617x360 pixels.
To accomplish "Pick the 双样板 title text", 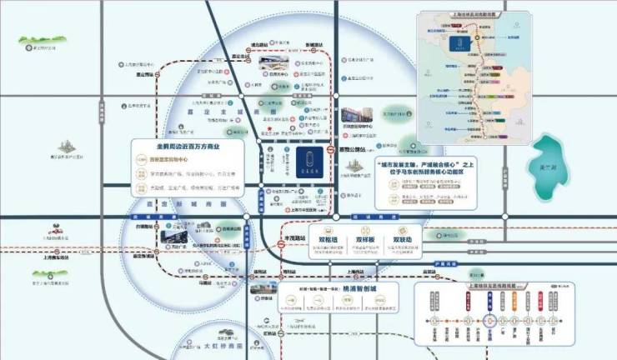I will pyautogui.click(x=366, y=238).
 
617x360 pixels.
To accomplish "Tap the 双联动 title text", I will pyautogui.click(x=404, y=238).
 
